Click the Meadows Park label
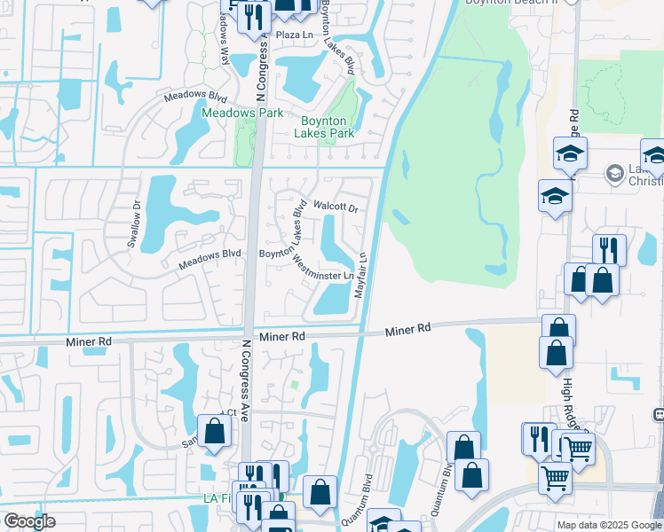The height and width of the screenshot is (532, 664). (x=242, y=113)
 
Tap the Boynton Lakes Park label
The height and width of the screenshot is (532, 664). (x=328, y=127)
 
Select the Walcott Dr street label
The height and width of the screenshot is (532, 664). (x=336, y=209)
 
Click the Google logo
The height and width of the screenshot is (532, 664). (x=28, y=521)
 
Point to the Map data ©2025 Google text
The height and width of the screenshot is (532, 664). (x=609, y=525)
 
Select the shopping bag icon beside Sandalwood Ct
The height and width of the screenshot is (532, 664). (x=215, y=431)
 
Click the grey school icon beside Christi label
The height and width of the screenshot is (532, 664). (x=613, y=173)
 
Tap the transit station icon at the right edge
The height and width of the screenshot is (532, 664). (x=659, y=414)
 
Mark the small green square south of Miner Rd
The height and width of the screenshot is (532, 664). (x=295, y=385)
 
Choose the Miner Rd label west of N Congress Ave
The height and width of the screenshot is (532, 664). (x=89, y=341)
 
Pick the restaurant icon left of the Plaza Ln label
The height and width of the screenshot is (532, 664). (x=256, y=17)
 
